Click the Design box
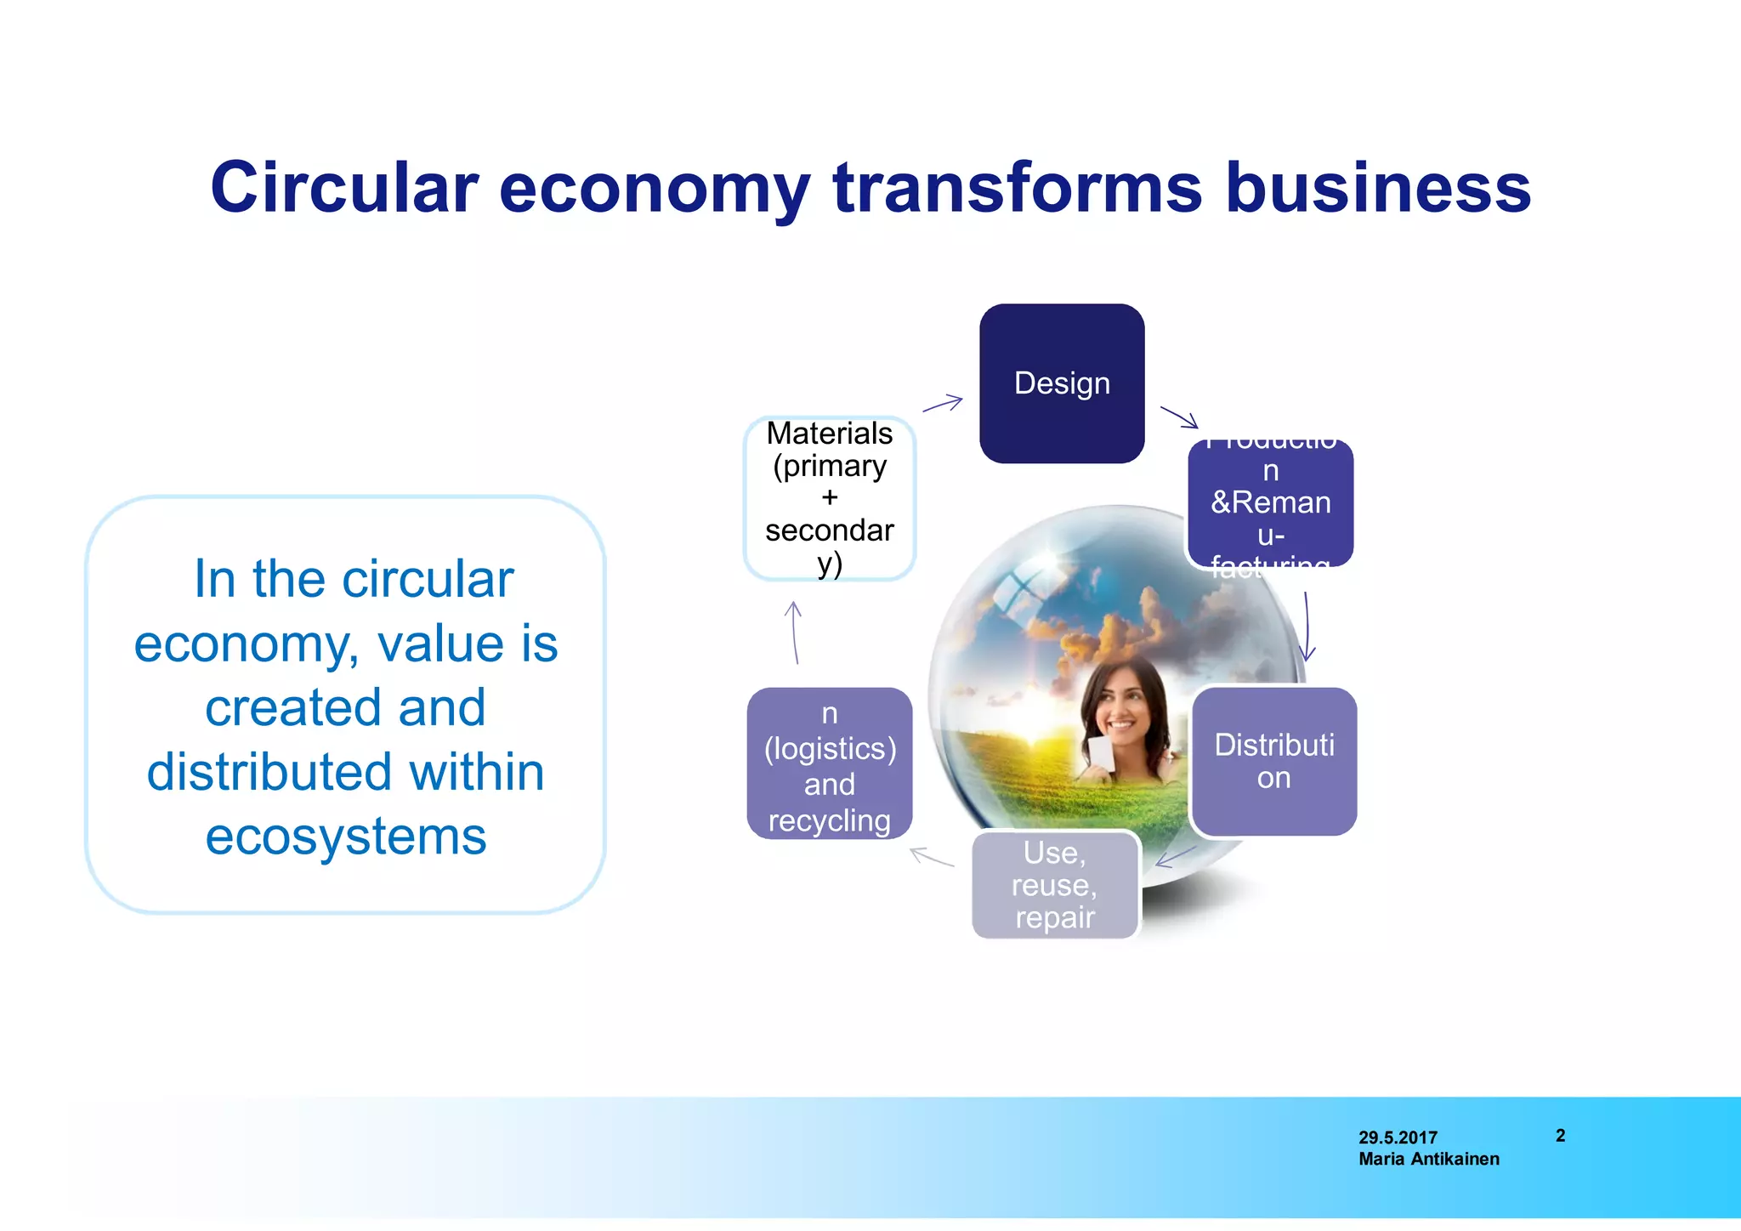(x=1062, y=383)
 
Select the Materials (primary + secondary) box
(x=830, y=498)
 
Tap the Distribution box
(x=1273, y=761)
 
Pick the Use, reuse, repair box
(x=1055, y=885)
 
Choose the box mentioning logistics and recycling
(x=830, y=763)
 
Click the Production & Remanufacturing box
(x=1270, y=503)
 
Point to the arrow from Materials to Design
(x=943, y=404)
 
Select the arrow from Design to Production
(x=1179, y=417)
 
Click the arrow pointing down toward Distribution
(x=1307, y=627)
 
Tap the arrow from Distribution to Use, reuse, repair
(x=1176, y=856)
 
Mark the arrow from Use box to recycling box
(x=932, y=857)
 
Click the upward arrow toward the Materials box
(x=794, y=633)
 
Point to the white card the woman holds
(x=1102, y=755)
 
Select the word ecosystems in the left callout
(x=346, y=837)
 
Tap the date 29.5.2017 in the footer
(x=1398, y=1137)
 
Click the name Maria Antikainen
(x=1428, y=1160)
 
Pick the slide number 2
(x=1560, y=1136)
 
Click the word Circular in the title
(x=344, y=188)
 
